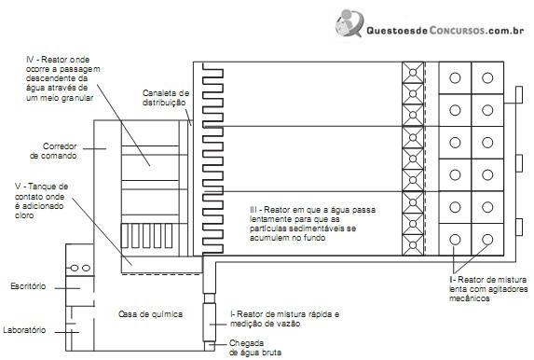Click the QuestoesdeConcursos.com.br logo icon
pyautogui.click(x=349, y=22)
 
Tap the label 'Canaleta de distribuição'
pyautogui.click(x=166, y=98)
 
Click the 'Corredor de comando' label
pyautogui.click(x=53, y=151)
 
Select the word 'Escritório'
pyautogui.click(x=28, y=286)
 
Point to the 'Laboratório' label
pyautogui.click(x=24, y=330)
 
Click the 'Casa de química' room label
pyautogui.click(x=151, y=314)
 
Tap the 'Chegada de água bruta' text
pyautogui.click(x=255, y=348)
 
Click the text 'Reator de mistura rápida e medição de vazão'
pyautogui.click(x=285, y=319)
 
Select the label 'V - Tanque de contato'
pyautogui.click(x=41, y=191)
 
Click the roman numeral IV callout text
pyautogui.click(x=63, y=78)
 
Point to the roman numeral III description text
pyautogui.click(x=312, y=224)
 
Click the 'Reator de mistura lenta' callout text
pyautogui.click(x=488, y=289)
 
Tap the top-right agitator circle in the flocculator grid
pyautogui.click(x=487, y=78)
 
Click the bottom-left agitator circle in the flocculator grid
pyautogui.click(x=455, y=240)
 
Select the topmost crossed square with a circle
pyautogui.click(x=413, y=73)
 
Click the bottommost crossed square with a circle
pyautogui.click(x=413, y=244)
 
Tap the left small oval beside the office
pyautogui.click(x=75, y=268)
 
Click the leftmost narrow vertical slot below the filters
pyautogui.click(x=125, y=236)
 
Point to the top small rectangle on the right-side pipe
pyautogui.click(x=519, y=95)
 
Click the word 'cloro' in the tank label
pyautogui.click(x=24, y=215)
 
